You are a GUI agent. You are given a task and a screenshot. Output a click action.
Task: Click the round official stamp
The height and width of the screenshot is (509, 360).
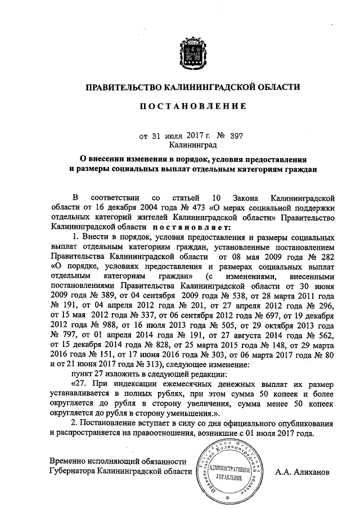tap(228, 471)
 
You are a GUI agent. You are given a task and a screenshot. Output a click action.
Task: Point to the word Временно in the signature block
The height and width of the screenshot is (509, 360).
tap(69, 461)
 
